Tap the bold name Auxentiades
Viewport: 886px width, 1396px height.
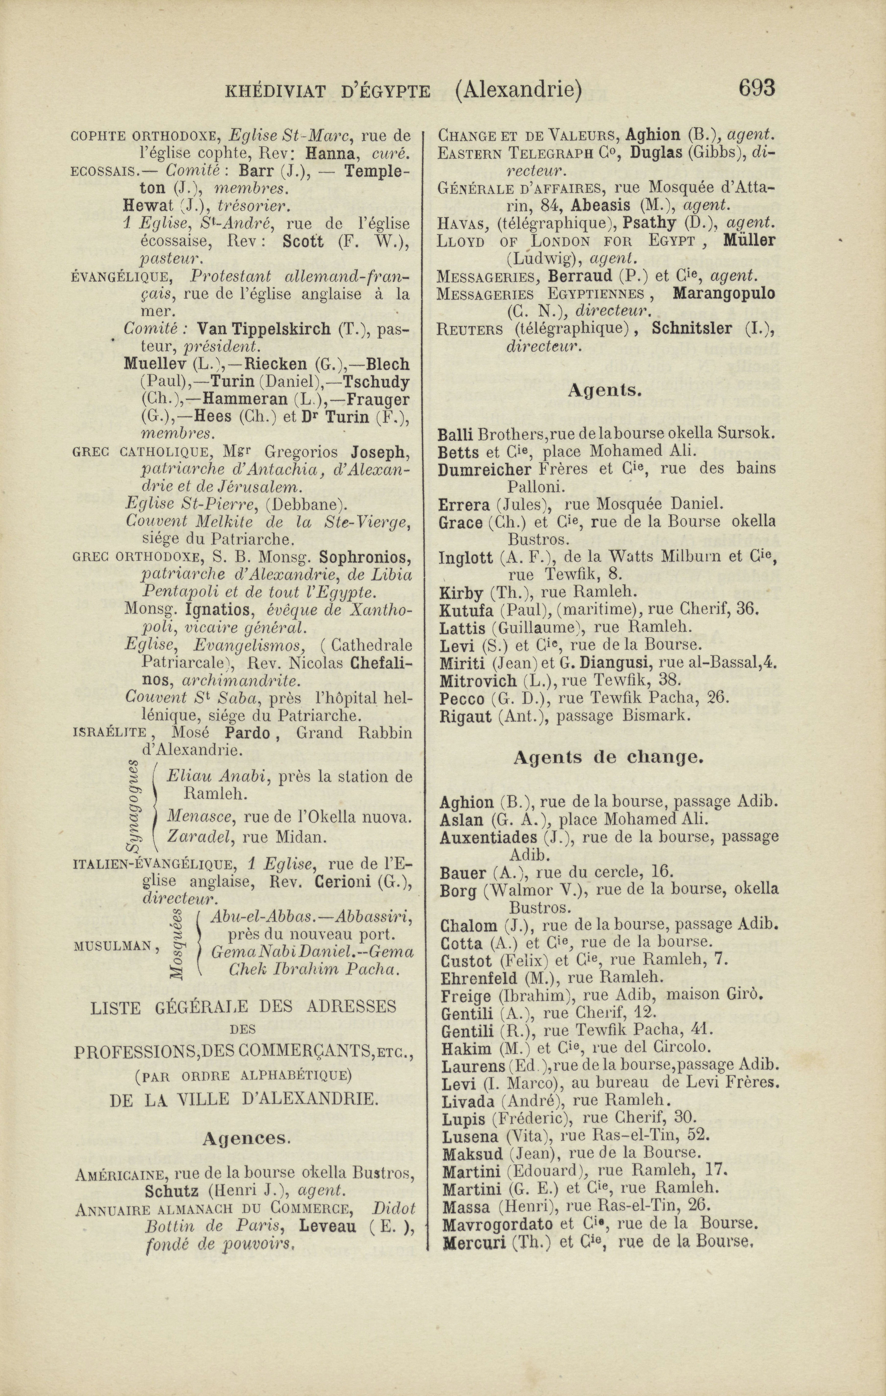click(x=488, y=837)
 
